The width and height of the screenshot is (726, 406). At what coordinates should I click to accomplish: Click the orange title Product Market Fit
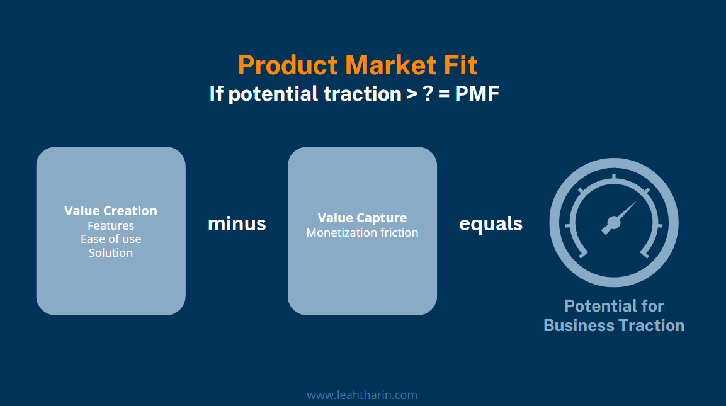click(358, 65)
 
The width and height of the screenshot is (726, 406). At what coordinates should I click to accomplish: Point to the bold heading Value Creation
click(111, 211)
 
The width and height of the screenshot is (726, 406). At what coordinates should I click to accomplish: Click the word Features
click(111, 225)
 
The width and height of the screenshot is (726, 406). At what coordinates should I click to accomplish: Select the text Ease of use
click(111, 239)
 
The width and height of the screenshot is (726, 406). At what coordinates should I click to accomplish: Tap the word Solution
click(111, 253)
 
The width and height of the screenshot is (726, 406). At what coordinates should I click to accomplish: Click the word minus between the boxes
click(237, 223)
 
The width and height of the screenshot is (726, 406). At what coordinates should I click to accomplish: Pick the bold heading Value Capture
click(362, 218)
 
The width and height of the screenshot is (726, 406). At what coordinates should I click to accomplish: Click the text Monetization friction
click(362, 233)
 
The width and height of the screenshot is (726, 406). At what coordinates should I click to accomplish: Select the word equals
click(491, 223)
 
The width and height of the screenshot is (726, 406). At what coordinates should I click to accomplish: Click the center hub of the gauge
click(613, 222)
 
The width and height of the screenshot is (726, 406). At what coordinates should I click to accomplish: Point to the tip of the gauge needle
click(636, 202)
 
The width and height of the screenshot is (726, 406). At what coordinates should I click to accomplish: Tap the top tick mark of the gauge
click(614, 178)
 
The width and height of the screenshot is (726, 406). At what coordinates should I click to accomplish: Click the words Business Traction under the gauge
click(614, 325)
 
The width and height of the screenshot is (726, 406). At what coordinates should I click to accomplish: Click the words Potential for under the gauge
click(614, 306)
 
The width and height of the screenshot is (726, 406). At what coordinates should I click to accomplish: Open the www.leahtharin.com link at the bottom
click(362, 395)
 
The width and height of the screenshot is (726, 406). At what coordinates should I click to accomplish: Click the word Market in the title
click(383, 65)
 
